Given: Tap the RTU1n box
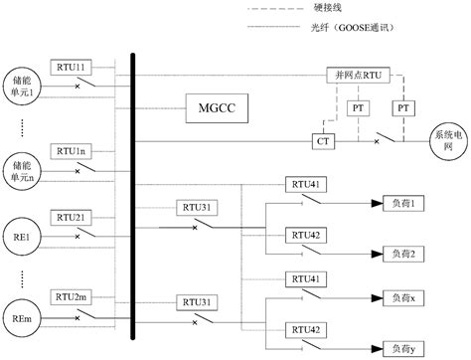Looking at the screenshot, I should (x=73, y=151).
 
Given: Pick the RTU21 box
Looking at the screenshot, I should (x=73, y=216).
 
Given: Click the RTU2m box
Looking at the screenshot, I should (x=73, y=298).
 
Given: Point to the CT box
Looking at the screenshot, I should (x=323, y=142).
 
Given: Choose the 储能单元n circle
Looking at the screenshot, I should (x=20, y=164).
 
